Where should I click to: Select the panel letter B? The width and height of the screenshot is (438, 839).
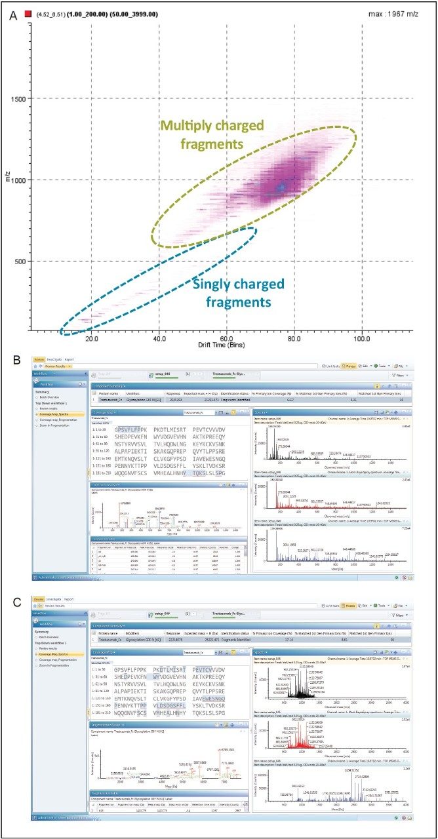tap(12, 360)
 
